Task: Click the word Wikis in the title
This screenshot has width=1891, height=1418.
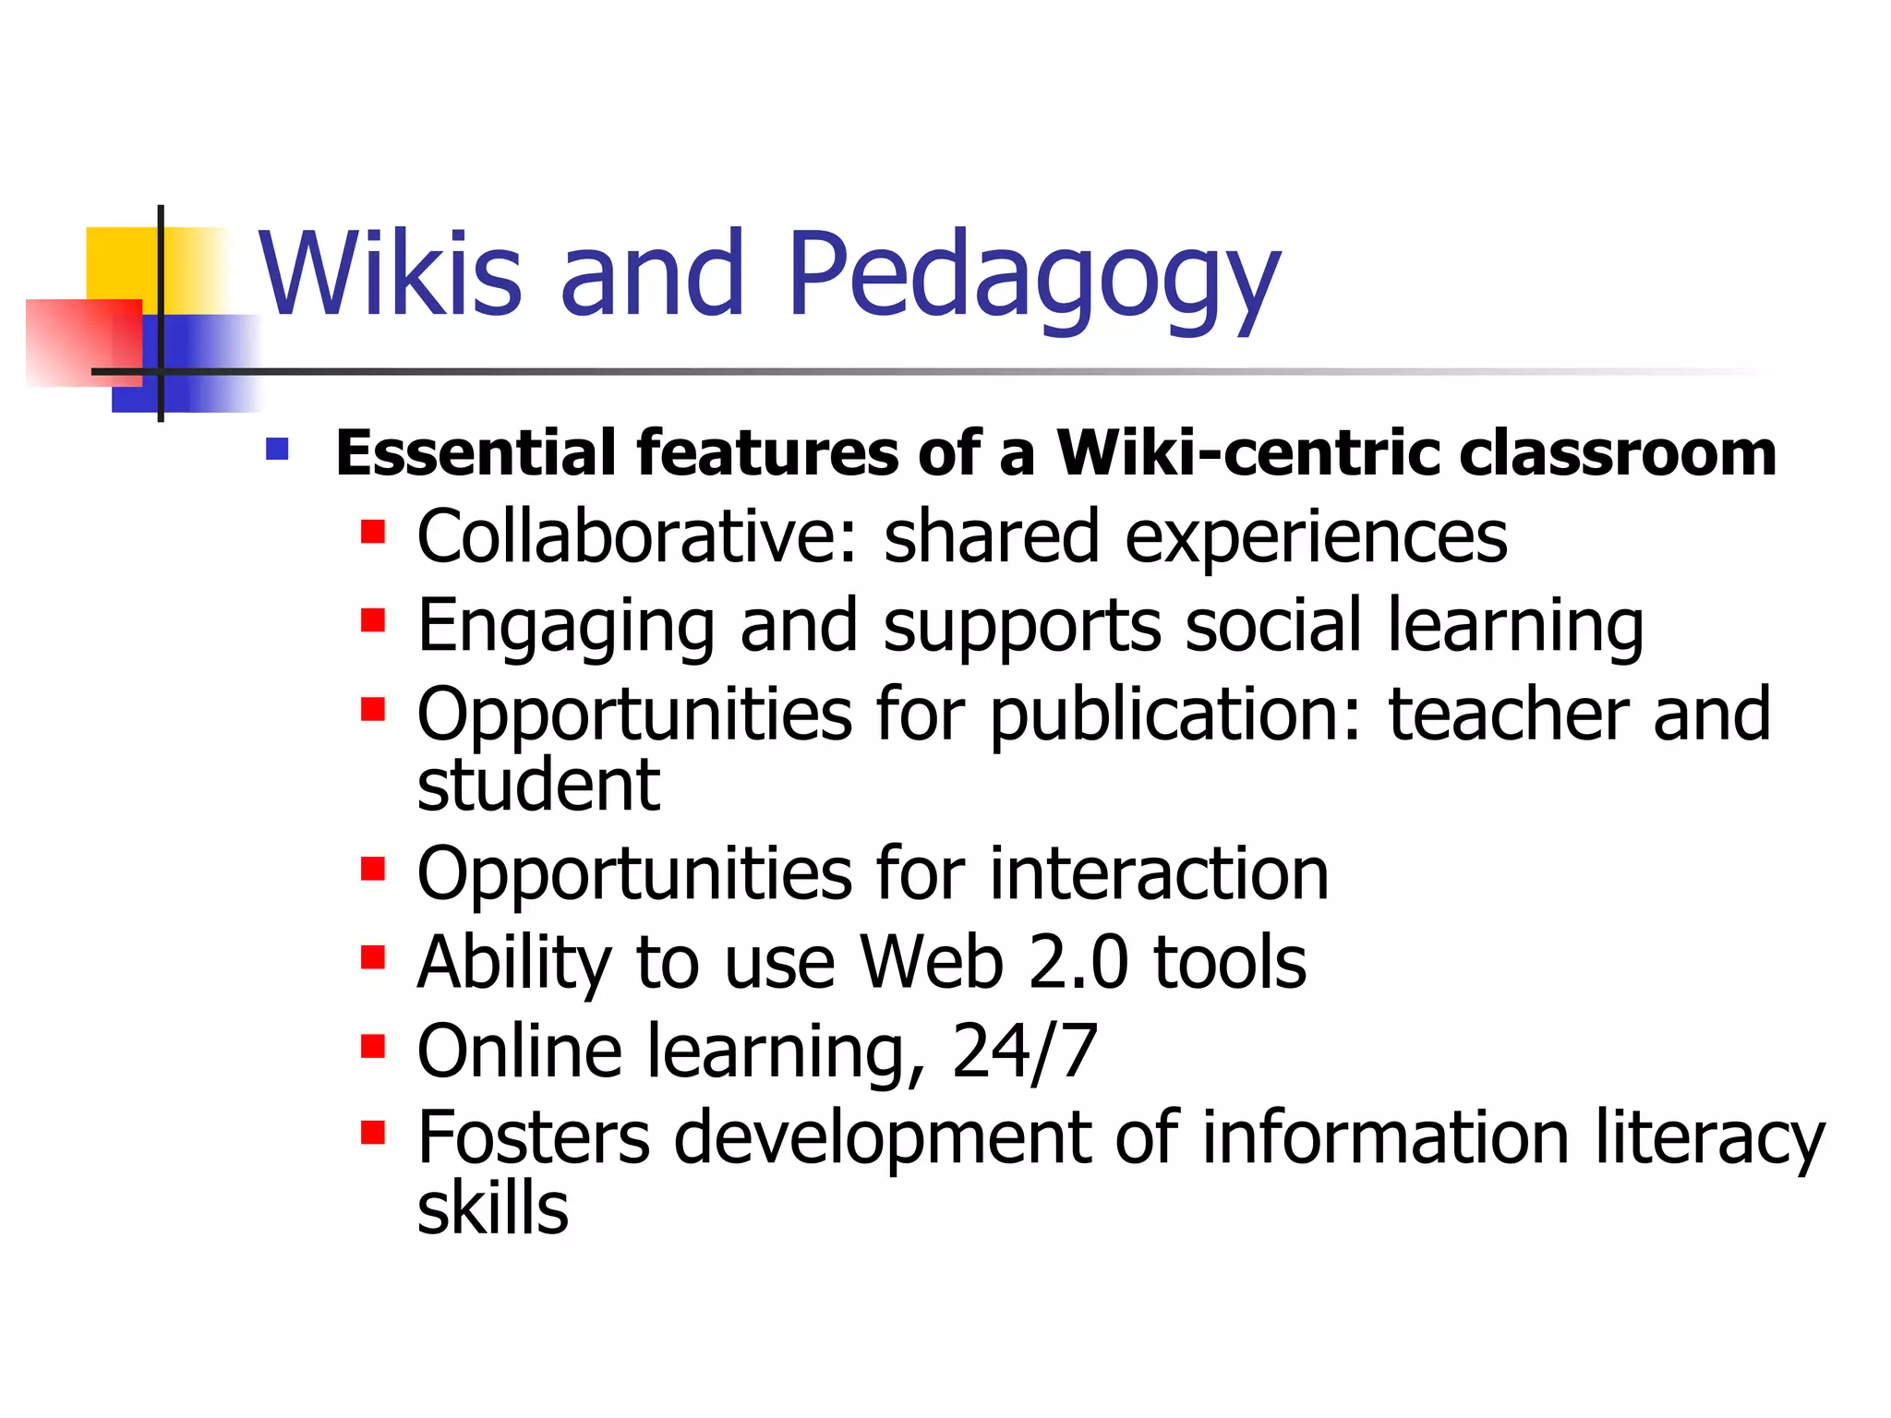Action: (390, 274)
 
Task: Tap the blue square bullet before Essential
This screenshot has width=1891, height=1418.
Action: (277, 450)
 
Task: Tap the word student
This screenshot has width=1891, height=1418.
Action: (538, 786)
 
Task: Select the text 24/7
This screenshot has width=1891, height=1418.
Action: (1024, 1051)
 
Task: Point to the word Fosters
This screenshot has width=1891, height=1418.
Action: (533, 1137)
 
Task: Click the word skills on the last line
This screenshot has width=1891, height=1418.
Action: (492, 1208)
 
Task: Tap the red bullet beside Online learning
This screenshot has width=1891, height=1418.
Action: (373, 1048)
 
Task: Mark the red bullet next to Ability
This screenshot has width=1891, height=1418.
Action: (373, 958)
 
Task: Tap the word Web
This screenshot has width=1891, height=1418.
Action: (931, 962)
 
